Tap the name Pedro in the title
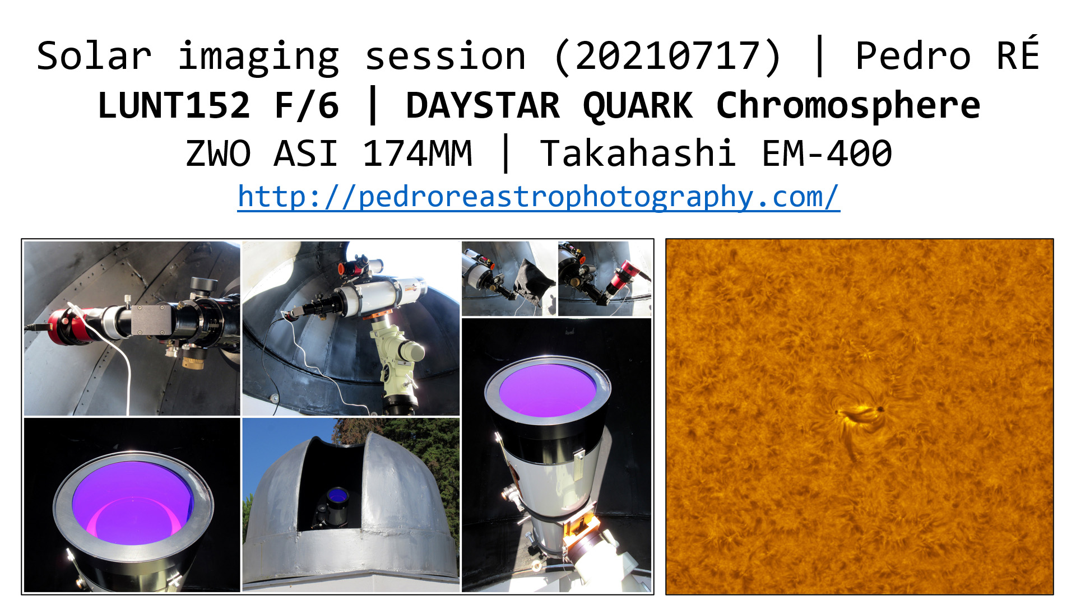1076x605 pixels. pyautogui.click(x=913, y=56)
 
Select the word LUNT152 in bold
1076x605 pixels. pyautogui.click(x=174, y=105)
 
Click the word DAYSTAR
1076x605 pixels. pyautogui.click(x=483, y=105)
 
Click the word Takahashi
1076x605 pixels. pyautogui.click(x=638, y=153)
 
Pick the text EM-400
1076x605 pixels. pyautogui.click(x=827, y=153)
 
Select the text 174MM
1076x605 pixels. pyautogui.click(x=418, y=153)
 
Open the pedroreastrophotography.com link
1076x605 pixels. pyautogui.click(x=539, y=197)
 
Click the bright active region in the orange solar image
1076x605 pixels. pyautogui.click(x=857, y=413)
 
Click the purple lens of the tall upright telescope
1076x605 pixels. pyautogui.click(x=548, y=389)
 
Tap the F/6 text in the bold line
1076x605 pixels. pyautogui.click(x=307, y=105)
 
